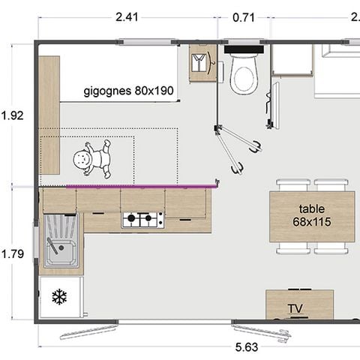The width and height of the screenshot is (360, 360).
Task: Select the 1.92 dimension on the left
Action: [13, 115]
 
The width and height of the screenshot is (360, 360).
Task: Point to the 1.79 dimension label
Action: [13, 253]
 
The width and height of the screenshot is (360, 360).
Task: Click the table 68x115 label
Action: [311, 216]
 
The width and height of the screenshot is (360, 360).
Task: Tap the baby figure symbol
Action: [91, 159]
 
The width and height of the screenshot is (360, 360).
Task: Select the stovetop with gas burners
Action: [143, 220]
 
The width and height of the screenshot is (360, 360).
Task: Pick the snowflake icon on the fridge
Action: [59, 298]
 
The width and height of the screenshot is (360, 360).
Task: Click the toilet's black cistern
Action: [244, 53]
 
